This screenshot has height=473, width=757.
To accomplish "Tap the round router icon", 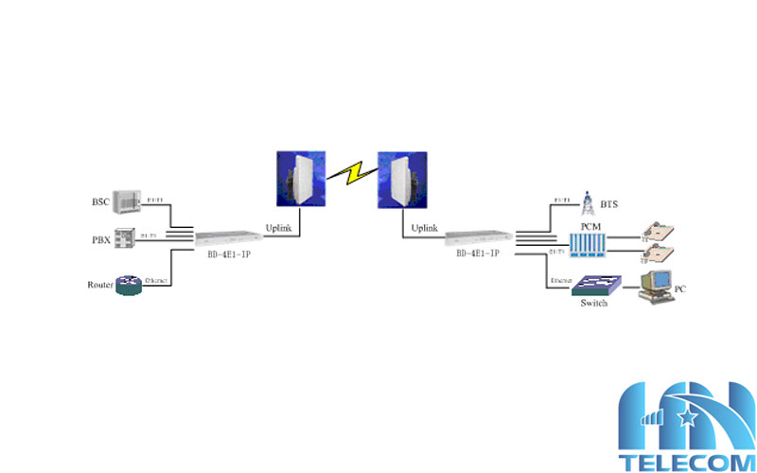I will (128, 285).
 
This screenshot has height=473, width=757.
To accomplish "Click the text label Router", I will (99, 285).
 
